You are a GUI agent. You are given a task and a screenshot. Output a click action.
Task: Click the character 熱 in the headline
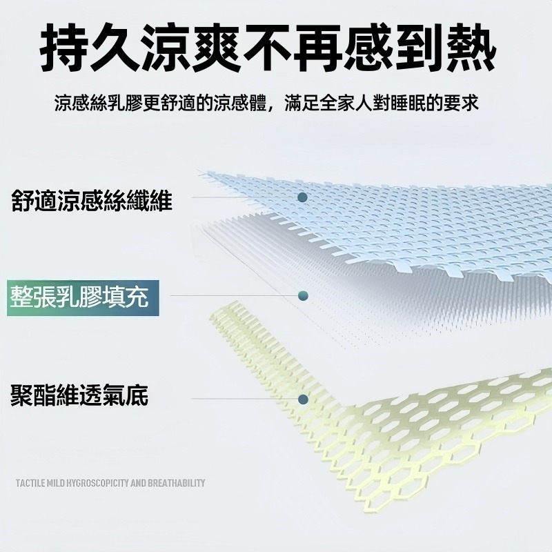(x=471, y=48)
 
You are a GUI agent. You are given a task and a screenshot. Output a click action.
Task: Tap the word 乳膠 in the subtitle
(x=125, y=103)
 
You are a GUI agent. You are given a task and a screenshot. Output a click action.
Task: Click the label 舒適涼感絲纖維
(x=92, y=201)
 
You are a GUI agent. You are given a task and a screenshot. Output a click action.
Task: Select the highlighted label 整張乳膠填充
(x=79, y=297)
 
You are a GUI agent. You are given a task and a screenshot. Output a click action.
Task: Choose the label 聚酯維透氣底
(x=79, y=395)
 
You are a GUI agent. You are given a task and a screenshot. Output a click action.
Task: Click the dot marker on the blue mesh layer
(x=302, y=197)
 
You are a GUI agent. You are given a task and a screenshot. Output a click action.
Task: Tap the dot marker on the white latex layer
(x=303, y=296)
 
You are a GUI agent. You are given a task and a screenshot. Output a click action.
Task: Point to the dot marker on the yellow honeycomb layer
(x=303, y=400)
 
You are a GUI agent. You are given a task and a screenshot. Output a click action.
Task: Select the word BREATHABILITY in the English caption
(x=177, y=482)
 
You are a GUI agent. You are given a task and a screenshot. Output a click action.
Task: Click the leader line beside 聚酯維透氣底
(x=244, y=399)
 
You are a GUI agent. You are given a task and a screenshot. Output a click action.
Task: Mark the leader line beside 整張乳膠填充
(x=234, y=296)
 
